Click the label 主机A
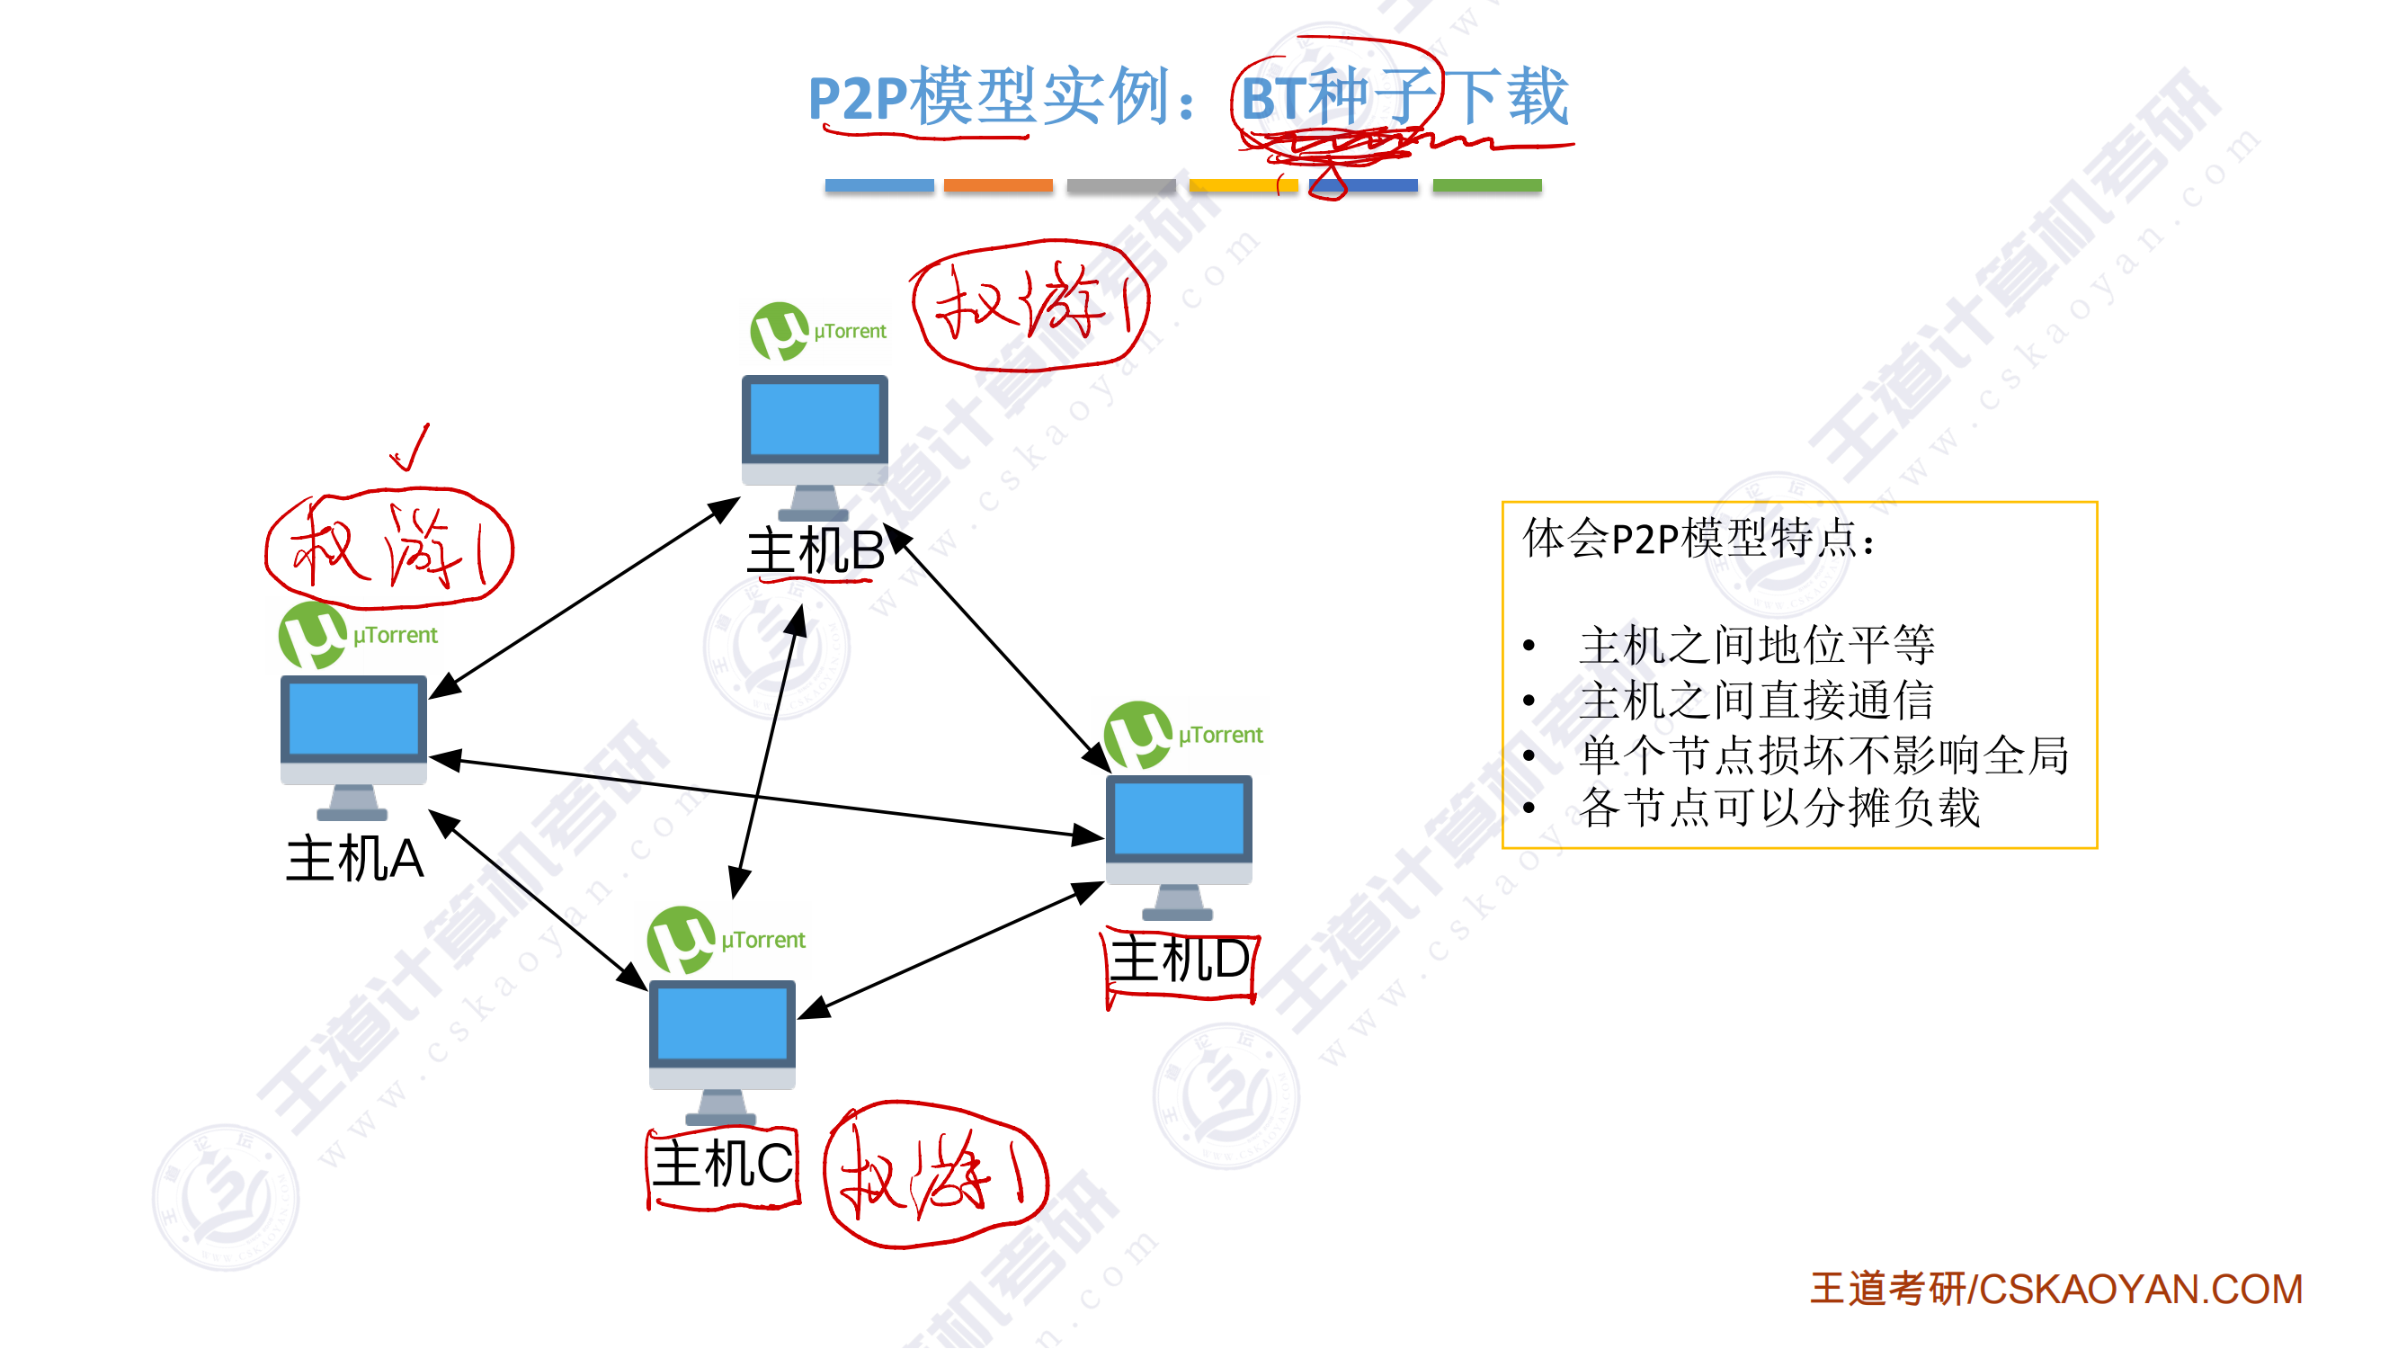pos(354,858)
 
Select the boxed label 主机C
pos(723,1165)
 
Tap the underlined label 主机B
pos(816,551)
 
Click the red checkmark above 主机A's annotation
pos(411,448)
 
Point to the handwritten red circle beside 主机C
pos(936,1175)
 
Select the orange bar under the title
pos(998,185)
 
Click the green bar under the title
pos(1486,185)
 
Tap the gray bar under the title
pos(1121,185)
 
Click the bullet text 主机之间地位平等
pos(1757,645)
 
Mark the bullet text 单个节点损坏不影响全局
pos(1823,755)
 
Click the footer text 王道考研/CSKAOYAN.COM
pos(2055,1290)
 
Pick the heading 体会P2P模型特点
pos(1698,538)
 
